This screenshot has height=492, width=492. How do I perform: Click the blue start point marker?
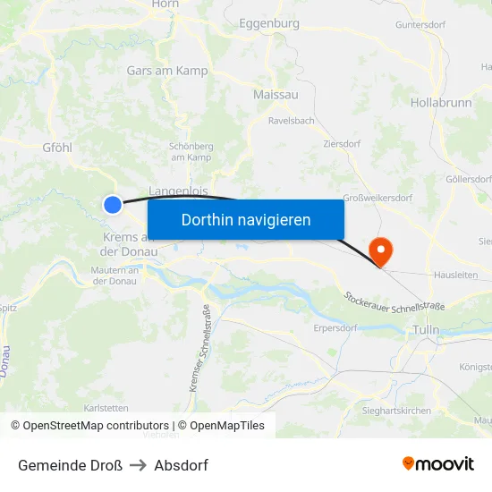point(113,205)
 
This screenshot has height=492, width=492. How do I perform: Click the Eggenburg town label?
point(269,24)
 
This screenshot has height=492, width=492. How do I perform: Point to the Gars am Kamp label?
point(167,70)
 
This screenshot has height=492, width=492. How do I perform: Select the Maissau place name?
point(276,94)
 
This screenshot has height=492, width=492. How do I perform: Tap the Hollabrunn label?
point(441,103)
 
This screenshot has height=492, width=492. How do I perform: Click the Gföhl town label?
point(57,148)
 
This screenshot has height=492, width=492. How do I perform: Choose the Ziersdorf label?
point(341,143)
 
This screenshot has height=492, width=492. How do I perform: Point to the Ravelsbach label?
point(291,119)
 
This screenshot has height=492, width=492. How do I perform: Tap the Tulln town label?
point(426,330)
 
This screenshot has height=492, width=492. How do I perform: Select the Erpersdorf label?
point(336,328)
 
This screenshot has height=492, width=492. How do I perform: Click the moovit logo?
point(438,464)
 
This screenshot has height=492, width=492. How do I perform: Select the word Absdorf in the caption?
point(181,465)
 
